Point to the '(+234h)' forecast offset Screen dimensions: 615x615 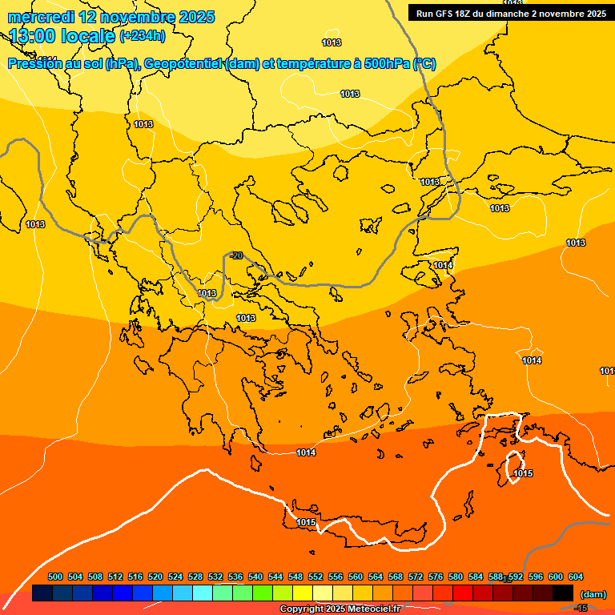point(143,35)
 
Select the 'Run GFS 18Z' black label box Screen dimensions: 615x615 point(510,13)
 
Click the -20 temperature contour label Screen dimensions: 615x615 point(235,255)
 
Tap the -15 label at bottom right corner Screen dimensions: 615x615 point(581,609)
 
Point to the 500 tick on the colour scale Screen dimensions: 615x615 point(55,577)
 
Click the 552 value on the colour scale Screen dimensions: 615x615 point(316,577)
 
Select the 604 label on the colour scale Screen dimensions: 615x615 point(575,577)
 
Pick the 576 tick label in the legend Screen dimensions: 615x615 point(436,577)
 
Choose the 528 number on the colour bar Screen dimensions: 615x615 point(195,577)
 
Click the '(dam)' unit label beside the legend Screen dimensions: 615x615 point(593,594)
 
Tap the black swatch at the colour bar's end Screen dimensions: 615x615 point(563,593)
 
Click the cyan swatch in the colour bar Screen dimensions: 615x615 point(203,593)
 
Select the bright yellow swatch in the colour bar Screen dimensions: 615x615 point(303,593)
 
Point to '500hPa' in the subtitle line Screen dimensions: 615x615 point(388,64)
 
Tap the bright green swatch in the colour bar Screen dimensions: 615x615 point(263,593)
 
